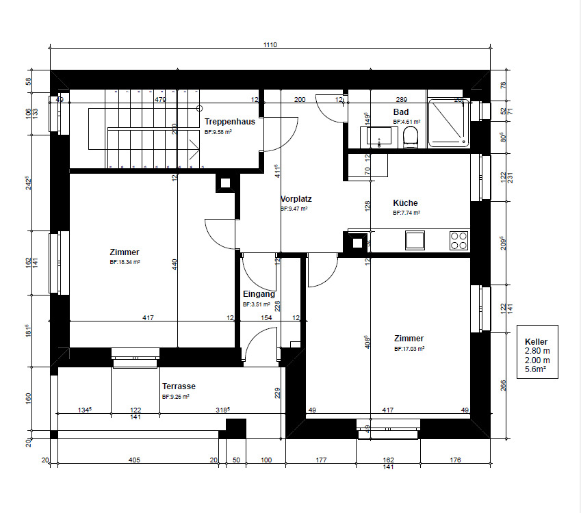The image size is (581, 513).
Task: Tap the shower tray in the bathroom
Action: click(x=449, y=122)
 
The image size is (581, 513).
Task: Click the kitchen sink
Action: click(x=415, y=240)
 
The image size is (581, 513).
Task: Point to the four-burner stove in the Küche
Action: click(x=459, y=240)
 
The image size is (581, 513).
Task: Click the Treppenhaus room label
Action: click(x=230, y=122)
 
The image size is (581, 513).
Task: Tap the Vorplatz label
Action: click(x=296, y=200)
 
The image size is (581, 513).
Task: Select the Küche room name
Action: click(x=405, y=203)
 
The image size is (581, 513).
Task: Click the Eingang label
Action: click(x=259, y=295)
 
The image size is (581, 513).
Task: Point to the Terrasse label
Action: click(x=179, y=386)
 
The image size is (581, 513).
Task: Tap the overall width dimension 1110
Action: click(x=270, y=44)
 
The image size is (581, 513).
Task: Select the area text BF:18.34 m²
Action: click(x=125, y=262)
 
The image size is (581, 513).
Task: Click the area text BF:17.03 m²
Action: click(x=409, y=348)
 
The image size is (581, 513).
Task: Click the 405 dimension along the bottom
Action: click(x=134, y=460)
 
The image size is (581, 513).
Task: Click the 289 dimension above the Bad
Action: click(x=402, y=100)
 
